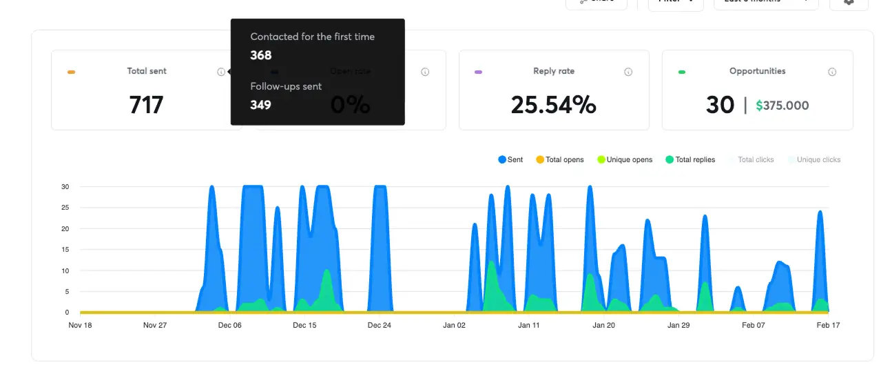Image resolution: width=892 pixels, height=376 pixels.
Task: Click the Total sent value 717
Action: point(146,105)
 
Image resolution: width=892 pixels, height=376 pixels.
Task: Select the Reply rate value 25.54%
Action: point(553,105)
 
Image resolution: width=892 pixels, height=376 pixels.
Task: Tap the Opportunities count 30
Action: point(720,105)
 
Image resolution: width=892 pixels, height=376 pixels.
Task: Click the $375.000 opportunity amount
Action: point(782,106)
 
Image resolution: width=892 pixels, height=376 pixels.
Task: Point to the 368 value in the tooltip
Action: point(261,55)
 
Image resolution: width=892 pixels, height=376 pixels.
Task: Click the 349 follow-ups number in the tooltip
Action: point(260,105)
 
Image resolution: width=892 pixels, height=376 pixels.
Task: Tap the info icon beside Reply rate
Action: point(628,72)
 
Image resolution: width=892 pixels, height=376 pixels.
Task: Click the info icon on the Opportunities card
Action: point(832,72)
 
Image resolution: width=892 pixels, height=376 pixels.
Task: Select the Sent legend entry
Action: point(510,159)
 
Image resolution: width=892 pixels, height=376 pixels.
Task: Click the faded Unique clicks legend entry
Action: point(814,159)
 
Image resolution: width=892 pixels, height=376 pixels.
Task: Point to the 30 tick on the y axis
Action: point(65,186)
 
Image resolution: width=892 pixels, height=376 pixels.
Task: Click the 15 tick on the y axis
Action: point(65,250)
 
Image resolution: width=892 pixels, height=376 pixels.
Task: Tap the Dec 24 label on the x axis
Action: point(379,325)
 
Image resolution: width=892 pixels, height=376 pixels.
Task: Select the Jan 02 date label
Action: point(454,325)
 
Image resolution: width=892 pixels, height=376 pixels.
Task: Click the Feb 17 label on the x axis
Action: point(828,325)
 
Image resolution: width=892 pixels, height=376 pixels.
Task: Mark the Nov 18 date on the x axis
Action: point(80,325)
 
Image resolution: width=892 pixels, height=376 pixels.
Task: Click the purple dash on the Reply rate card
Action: point(478,72)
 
